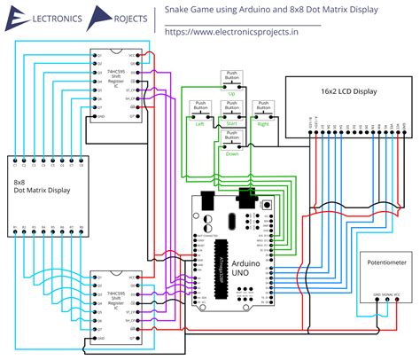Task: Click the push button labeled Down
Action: [x=232, y=138]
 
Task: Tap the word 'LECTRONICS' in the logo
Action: [x=55, y=16]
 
